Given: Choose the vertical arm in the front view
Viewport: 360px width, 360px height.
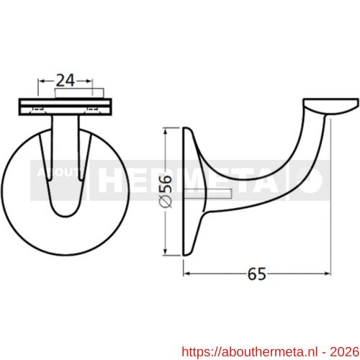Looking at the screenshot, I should coord(66,166).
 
